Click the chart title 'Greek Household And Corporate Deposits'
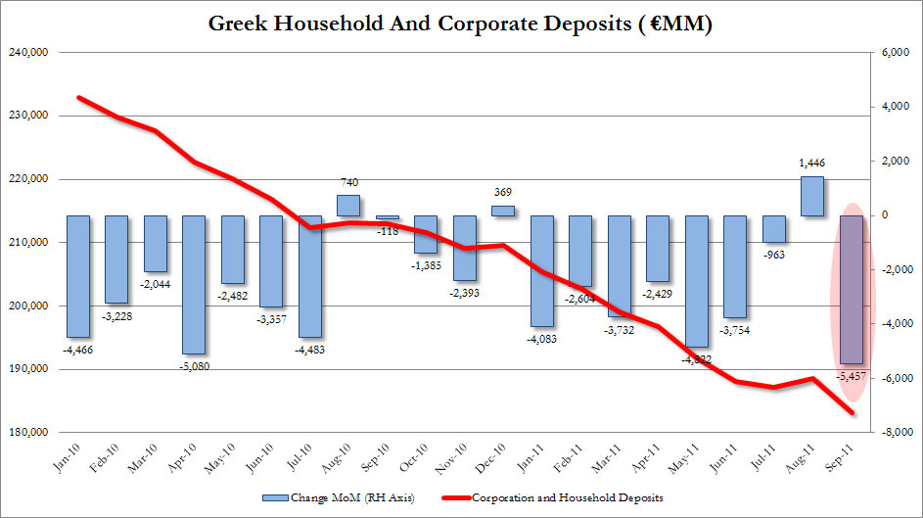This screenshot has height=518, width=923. click(x=461, y=24)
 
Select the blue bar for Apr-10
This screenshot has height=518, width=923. click(x=194, y=284)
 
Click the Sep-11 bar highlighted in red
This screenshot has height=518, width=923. click(x=852, y=289)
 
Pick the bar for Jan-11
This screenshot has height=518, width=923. click(x=542, y=270)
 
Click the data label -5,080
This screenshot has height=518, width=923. click(x=194, y=365)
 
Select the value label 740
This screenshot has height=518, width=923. click(x=348, y=183)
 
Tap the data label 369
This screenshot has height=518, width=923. click(x=503, y=193)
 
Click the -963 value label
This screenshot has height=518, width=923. click(x=773, y=254)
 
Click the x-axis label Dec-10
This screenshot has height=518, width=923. click(x=500, y=458)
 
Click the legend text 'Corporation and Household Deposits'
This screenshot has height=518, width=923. click(x=568, y=498)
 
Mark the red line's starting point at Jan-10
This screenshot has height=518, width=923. click(x=78, y=97)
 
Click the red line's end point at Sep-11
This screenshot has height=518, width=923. click(x=852, y=412)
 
